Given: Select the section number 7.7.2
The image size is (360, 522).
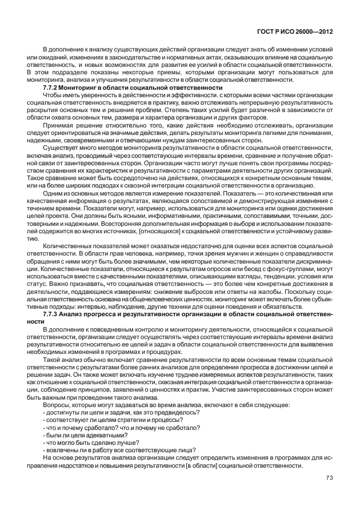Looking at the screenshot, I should [52, 87].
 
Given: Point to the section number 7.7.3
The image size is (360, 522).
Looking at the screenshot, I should [52, 314].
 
